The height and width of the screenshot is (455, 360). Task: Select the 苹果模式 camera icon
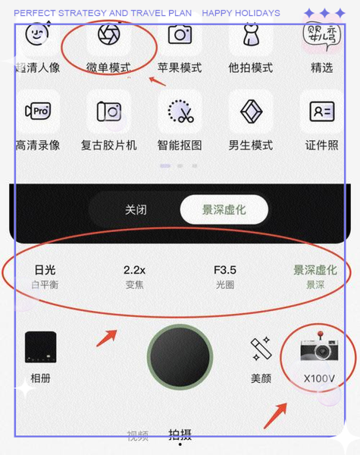point(180,35)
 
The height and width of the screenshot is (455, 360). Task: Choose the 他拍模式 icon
point(251,33)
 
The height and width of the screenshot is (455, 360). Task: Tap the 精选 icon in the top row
point(322,34)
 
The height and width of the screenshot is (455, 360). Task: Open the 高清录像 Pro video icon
point(37,111)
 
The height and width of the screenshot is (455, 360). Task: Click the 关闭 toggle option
point(136,209)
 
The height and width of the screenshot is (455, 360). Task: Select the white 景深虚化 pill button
point(224,209)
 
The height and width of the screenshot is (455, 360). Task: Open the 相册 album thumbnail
point(41,348)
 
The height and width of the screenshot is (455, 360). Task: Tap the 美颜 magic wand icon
point(261,350)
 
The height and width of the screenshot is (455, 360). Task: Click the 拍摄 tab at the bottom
point(180,435)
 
